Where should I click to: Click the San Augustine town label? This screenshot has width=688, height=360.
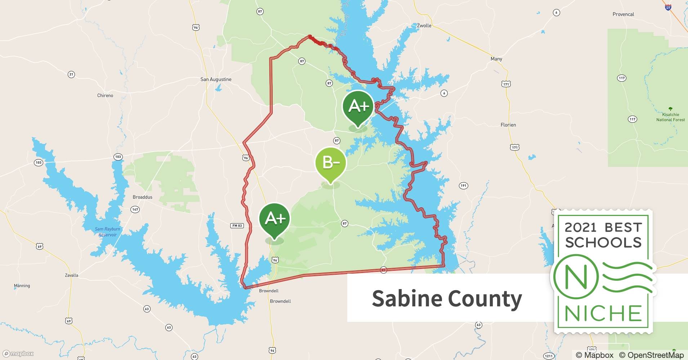pos(216,79)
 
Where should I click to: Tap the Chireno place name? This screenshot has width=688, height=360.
pos(105,95)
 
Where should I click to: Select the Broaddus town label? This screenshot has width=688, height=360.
pos(143,197)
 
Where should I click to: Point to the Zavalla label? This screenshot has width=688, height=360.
pos(71,275)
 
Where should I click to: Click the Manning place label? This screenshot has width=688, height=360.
pos(22,285)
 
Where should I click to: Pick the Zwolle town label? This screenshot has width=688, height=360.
pos(424,26)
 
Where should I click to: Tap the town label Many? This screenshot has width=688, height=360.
pos(496,59)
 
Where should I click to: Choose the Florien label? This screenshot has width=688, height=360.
pos(508,125)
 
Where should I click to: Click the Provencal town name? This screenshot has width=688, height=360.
pos(623,14)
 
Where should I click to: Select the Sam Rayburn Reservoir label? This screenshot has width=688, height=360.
pos(107,231)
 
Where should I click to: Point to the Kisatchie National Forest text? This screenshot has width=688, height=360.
pos(670,117)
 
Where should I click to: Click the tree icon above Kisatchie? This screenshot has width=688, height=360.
pos(670,109)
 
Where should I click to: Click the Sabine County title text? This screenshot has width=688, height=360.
pos(447,298)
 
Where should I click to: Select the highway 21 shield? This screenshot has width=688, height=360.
pos(71,75)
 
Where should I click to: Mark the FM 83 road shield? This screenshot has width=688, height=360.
pos(237,226)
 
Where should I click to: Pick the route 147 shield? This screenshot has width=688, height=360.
pos(135,210)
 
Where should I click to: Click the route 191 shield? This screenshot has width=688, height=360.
pos(463,186)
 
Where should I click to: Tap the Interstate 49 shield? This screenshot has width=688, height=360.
pos(668,7)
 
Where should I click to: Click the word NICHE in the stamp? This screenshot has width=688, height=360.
pos(603,313)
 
